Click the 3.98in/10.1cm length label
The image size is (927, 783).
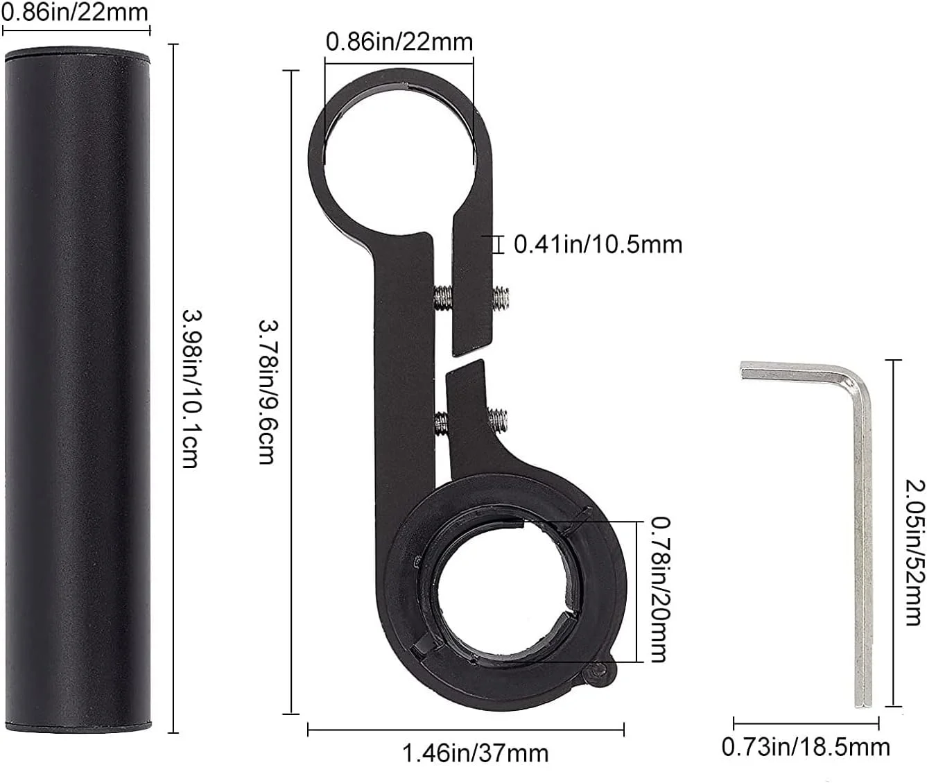[193, 388]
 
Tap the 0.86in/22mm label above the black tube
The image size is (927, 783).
[75, 12]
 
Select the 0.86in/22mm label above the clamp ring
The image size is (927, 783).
[399, 42]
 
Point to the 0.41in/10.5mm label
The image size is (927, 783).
[598, 245]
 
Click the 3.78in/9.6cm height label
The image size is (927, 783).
[268, 392]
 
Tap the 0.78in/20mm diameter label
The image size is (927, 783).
[660, 590]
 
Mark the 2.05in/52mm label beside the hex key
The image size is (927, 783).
[915, 552]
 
